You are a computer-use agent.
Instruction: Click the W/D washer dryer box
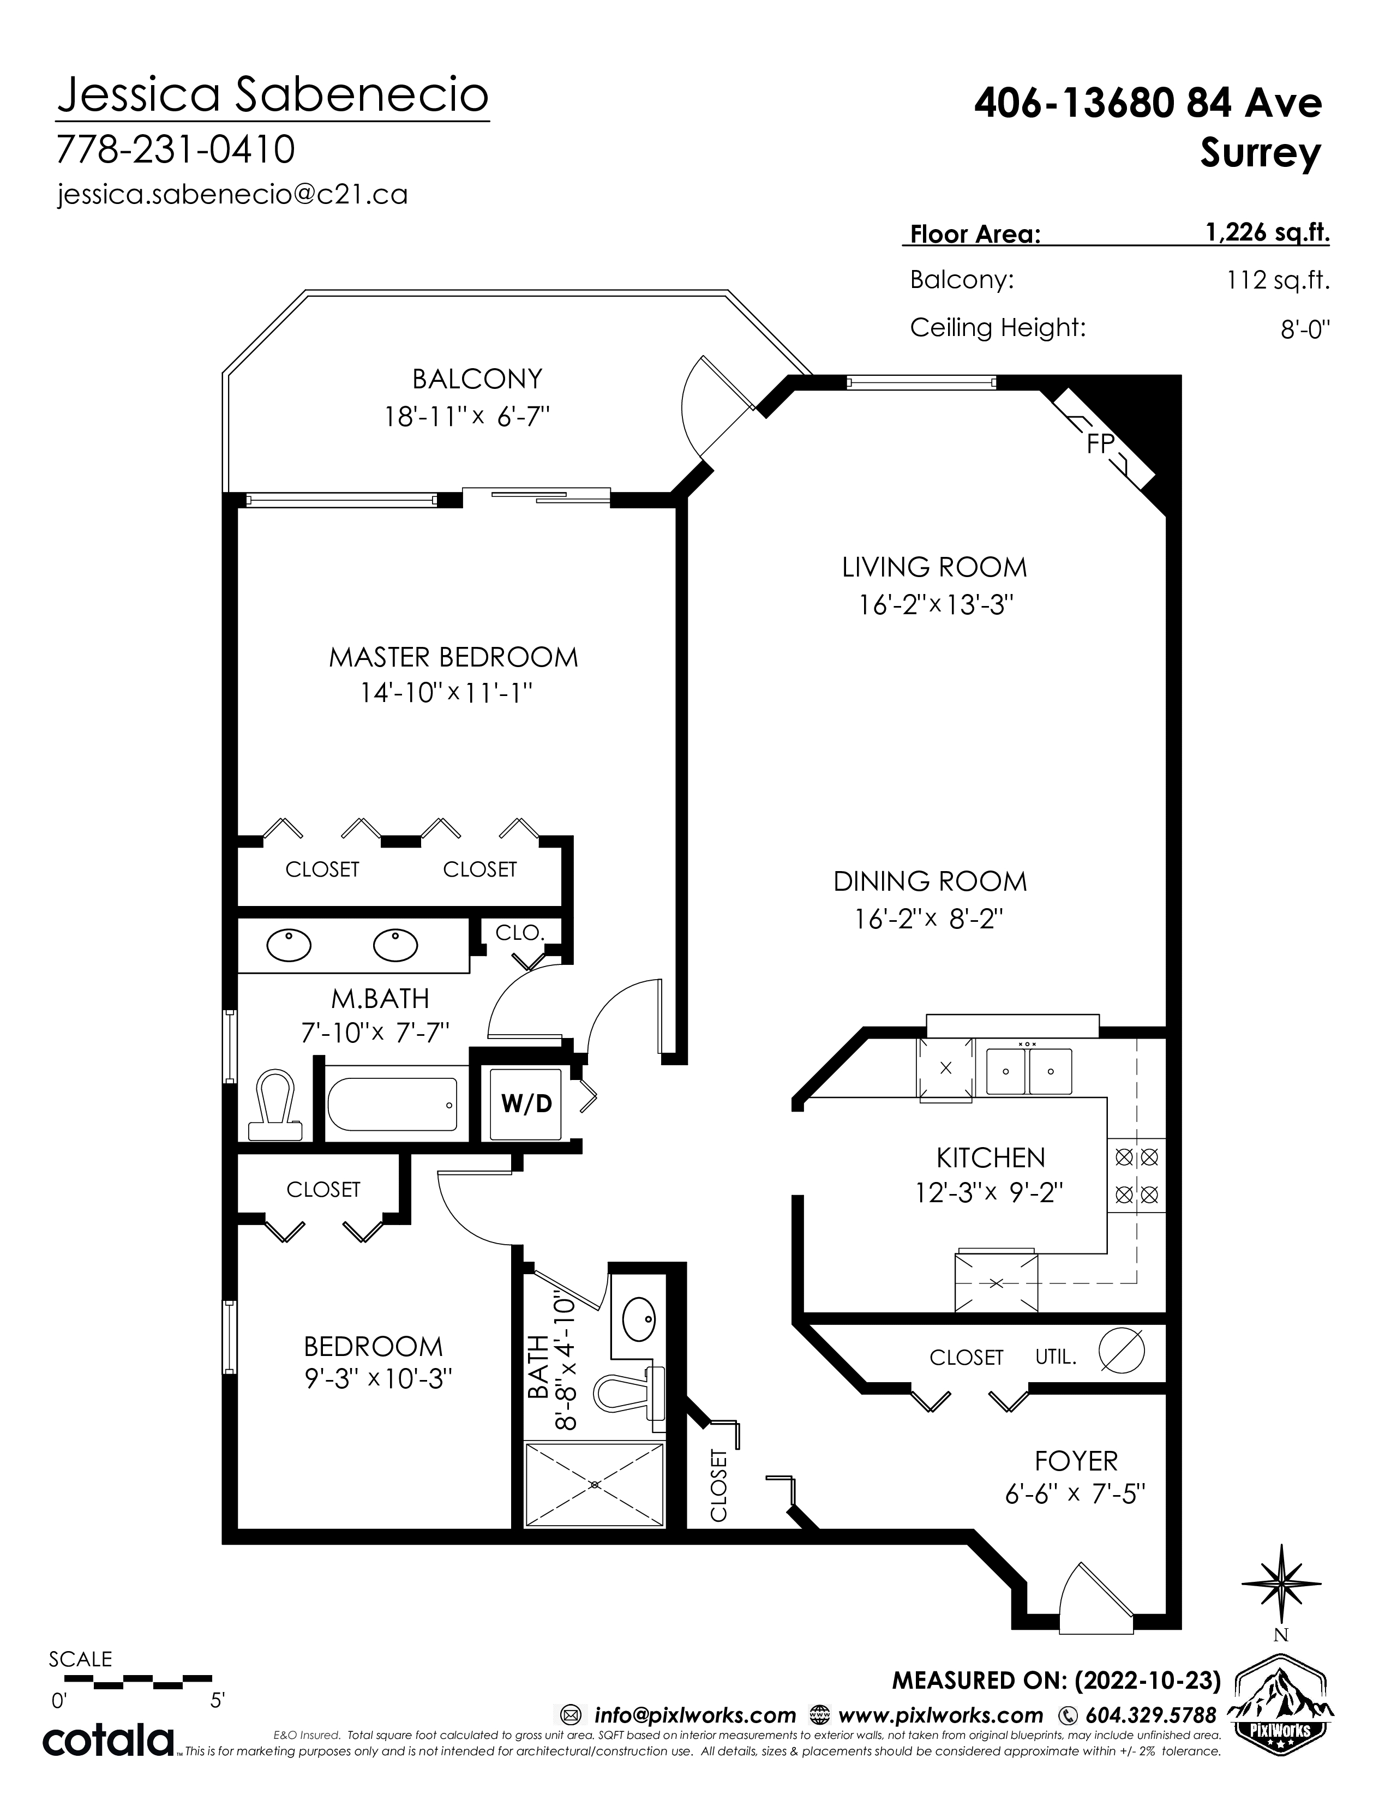(526, 1103)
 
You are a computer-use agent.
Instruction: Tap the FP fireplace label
(1101, 444)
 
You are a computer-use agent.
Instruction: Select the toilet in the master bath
(274, 1105)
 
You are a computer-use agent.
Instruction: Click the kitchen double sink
(1028, 1071)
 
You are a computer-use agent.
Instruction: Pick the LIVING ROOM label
(934, 567)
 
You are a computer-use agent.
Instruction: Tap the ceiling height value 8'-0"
(1305, 329)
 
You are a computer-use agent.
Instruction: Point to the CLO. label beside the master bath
(520, 933)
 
